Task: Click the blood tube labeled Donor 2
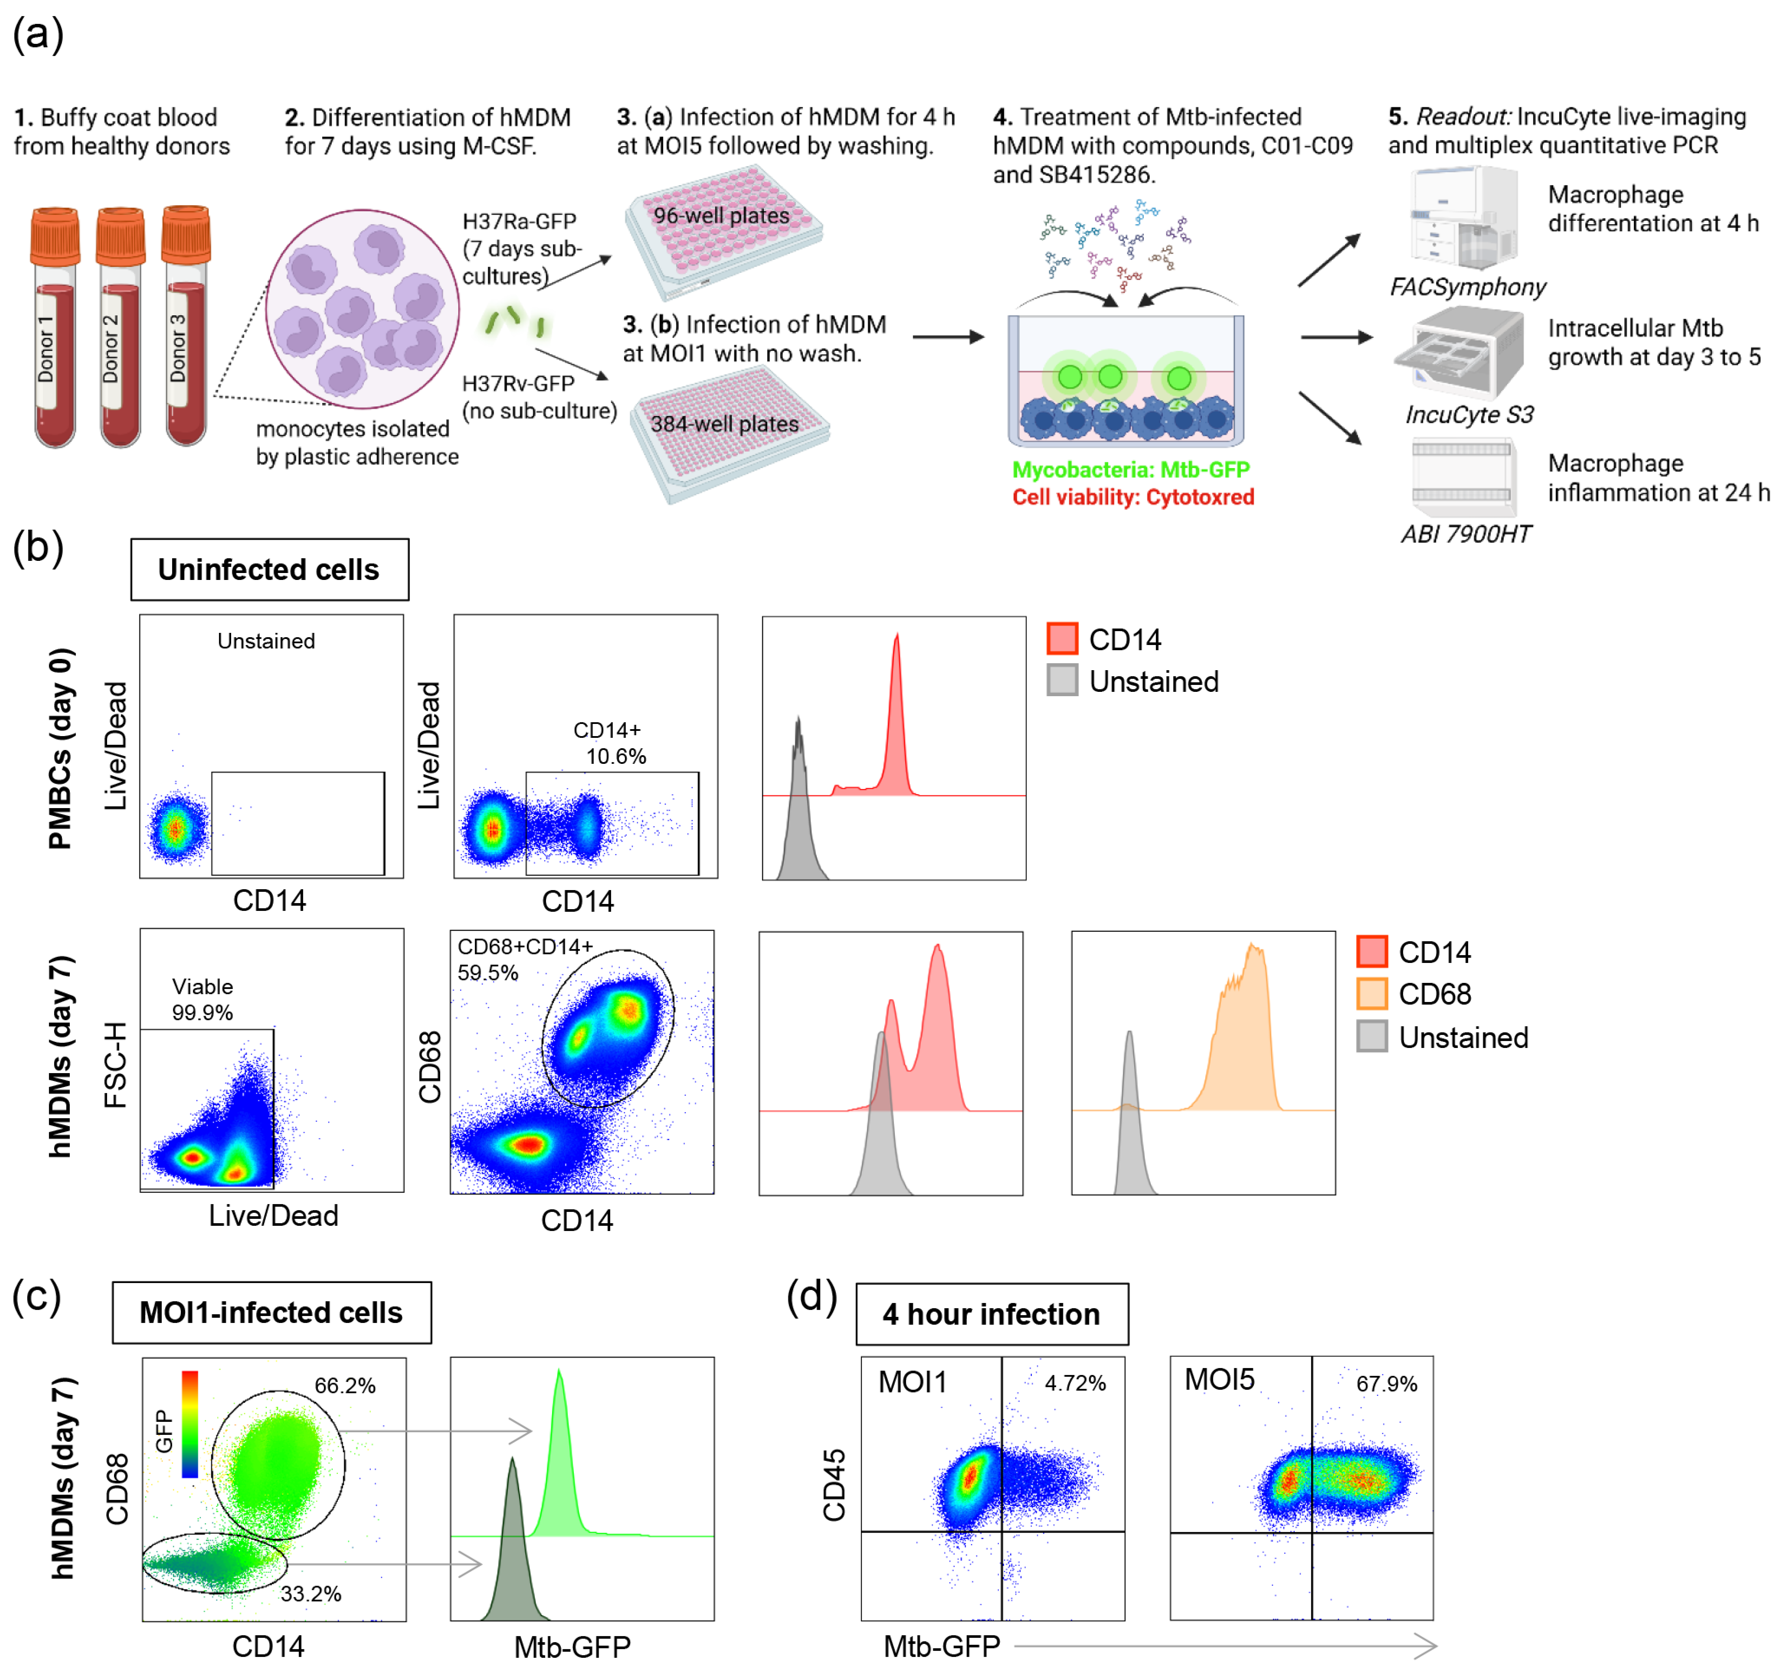pyautogui.click(x=120, y=327)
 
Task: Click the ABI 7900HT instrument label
pyautogui.click(x=1466, y=534)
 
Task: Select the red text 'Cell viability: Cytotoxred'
pyautogui.click(x=1133, y=497)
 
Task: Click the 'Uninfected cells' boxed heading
pyautogui.click(x=269, y=570)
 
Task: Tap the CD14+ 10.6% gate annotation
pyautogui.click(x=610, y=743)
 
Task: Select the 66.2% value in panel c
pyautogui.click(x=344, y=1385)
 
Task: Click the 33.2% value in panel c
pyautogui.click(x=311, y=1594)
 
